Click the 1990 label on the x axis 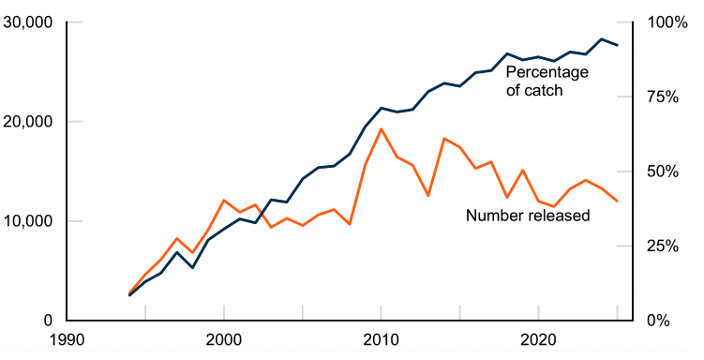[x=67, y=340]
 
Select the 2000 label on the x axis [x=224, y=340]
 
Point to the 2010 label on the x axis [x=382, y=340]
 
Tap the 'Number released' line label [x=528, y=216]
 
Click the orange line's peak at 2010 [x=382, y=129]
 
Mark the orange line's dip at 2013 [x=428, y=196]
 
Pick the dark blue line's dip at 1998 [x=192, y=268]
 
